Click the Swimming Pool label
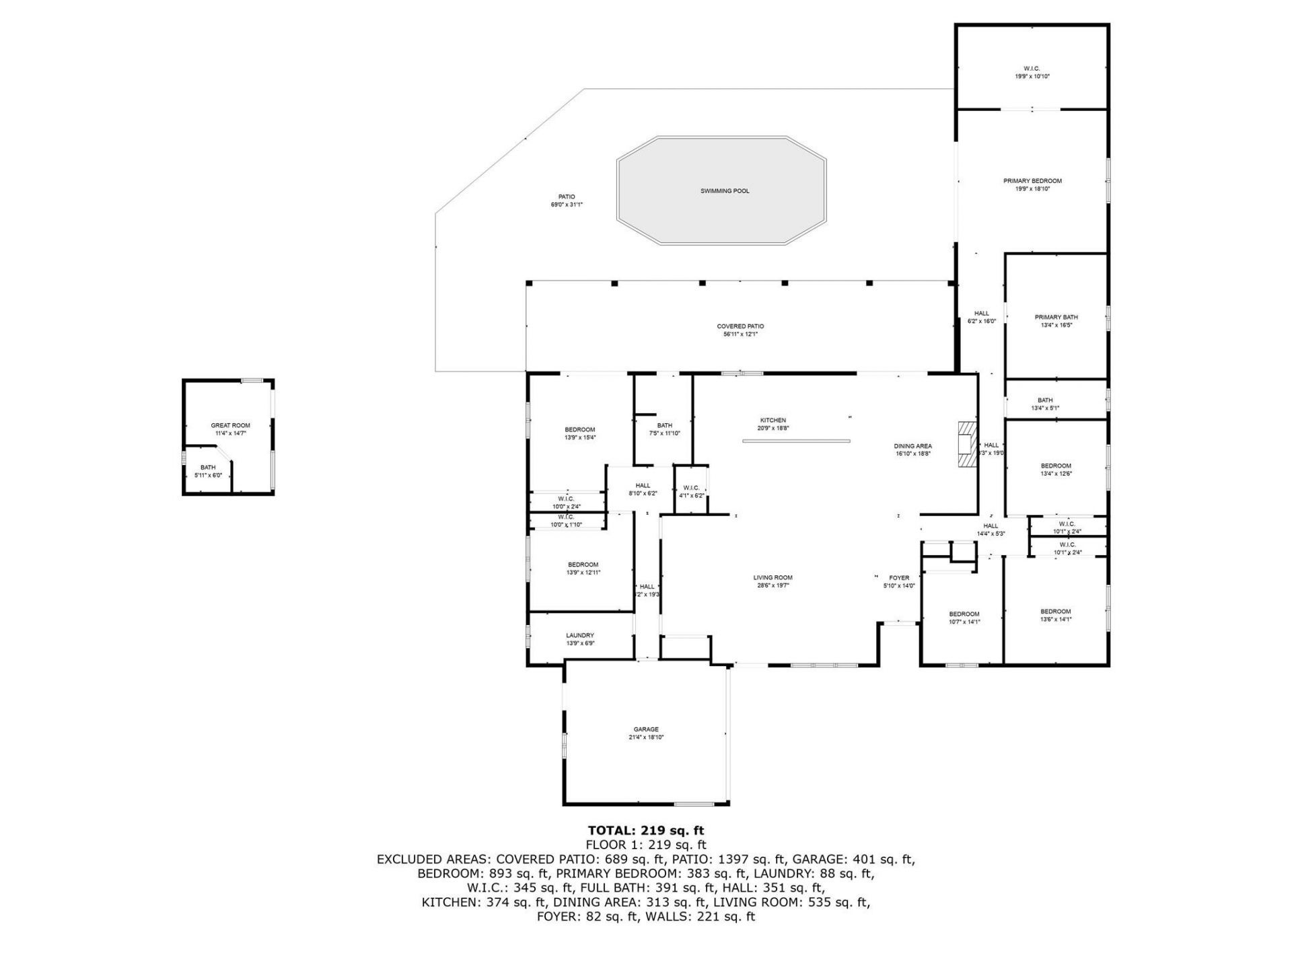click(724, 191)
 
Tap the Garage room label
click(645, 729)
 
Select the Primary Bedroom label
click(1032, 181)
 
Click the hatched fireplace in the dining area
click(966, 445)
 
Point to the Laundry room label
click(579, 635)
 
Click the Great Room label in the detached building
click(230, 425)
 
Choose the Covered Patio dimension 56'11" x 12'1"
click(740, 334)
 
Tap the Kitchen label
click(773, 421)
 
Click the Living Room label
click(773, 577)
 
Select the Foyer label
click(899, 578)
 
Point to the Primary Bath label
click(1056, 318)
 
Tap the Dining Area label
click(912, 446)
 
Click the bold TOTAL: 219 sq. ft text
click(645, 830)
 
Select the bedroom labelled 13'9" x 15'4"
click(579, 430)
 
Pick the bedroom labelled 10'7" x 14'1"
click(964, 614)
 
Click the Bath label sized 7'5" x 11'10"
click(664, 425)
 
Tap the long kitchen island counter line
click(796, 441)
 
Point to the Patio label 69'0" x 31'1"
click(566, 197)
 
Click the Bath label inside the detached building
click(208, 468)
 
